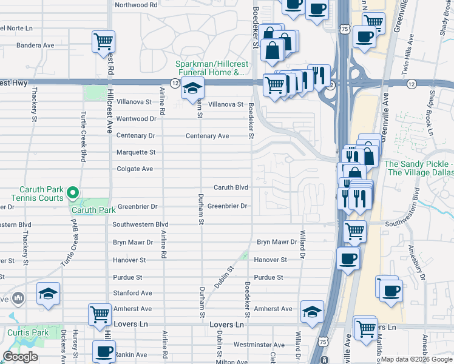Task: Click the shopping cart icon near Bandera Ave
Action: click(x=103, y=41)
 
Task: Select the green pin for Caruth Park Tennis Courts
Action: click(x=73, y=194)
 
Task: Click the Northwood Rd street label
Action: click(x=136, y=4)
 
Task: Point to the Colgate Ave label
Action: click(x=135, y=169)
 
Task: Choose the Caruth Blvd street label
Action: click(x=231, y=187)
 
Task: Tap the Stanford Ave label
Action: click(x=132, y=293)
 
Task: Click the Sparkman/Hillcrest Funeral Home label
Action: click(x=210, y=68)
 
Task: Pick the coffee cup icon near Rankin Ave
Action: click(x=104, y=351)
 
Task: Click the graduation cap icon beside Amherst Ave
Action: click(x=311, y=311)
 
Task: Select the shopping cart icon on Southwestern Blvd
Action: click(x=354, y=231)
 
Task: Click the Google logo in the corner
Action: click(x=20, y=357)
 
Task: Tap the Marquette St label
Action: click(x=136, y=152)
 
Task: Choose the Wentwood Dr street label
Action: click(x=136, y=119)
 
